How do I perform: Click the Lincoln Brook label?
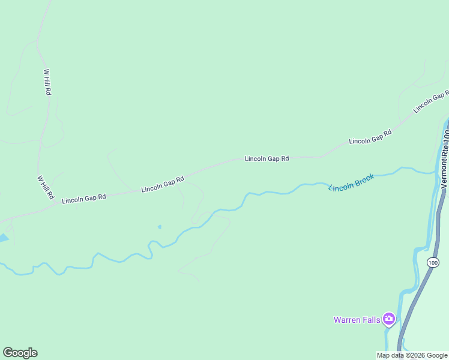(x=352, y=182)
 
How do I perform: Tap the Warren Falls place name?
(x=357, y=320)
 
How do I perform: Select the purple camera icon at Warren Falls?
(x=389, y=319)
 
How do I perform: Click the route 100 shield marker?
(x=433, y=262)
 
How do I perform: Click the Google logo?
(x=20, y=353)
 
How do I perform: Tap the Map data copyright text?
(x=412, y=355)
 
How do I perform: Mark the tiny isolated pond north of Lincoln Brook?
(x=159, y=227)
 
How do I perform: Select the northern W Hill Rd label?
(x=47, y=82)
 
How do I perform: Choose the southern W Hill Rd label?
(x=45, y=187)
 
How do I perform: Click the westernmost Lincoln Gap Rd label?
(x=84, y=197)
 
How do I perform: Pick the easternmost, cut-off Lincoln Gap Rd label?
(x=431, y=102)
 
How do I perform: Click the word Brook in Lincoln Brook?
(x=363, y=179)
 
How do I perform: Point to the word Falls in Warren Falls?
(x=370, y=320)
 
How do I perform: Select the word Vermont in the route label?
(x=444, y=176)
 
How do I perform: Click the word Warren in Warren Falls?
(x=346, y=320)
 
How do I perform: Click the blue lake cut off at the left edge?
(x=3, y=238)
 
